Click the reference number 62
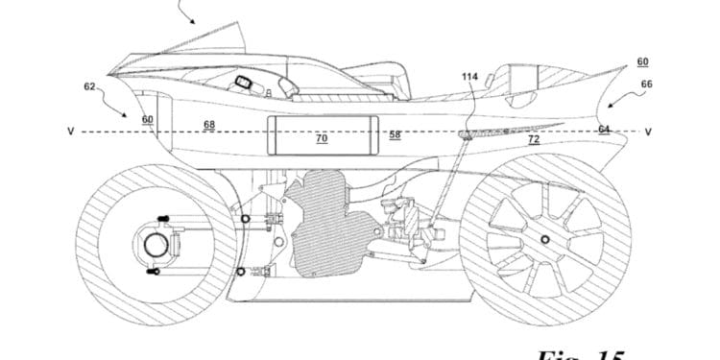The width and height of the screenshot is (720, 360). (x=89, y=85)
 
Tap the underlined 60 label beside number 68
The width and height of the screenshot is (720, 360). (x=147, y=120)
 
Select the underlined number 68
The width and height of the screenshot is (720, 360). (x=209, y=123)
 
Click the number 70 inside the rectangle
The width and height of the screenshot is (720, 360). (x=322, y=138)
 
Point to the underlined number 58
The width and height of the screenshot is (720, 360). (x=395, y=135)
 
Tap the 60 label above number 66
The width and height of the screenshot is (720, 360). (x=641, y=61)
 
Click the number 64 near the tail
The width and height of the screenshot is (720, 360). (x=604, y=129)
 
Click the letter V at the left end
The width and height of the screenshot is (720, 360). (x=70, y=132)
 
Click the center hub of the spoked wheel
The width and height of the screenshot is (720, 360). (x=544, y=239)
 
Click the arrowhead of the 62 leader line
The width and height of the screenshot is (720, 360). (x=124, y=112)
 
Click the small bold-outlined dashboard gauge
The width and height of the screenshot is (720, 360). (x=244, y=83)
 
